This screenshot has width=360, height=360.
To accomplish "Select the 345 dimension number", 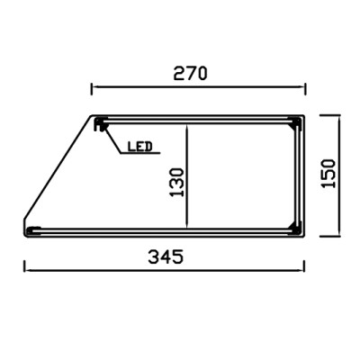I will (x=166, y=256).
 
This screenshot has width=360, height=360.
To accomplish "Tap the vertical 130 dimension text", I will (x=176, y=181).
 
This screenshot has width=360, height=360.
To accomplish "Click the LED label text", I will (x=139, y=145).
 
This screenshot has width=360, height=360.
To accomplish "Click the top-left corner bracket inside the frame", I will (x=100, y=122).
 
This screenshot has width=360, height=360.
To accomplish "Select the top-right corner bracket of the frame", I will (x=297, y=122).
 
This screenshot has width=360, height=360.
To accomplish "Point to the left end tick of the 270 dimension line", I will (x=93, y=88).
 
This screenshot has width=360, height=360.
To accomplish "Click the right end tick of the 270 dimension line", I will (x=306, y=88).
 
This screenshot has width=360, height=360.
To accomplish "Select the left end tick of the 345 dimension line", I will (x=24, y=267).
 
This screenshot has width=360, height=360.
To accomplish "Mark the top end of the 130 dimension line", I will (x=186, y=125).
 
